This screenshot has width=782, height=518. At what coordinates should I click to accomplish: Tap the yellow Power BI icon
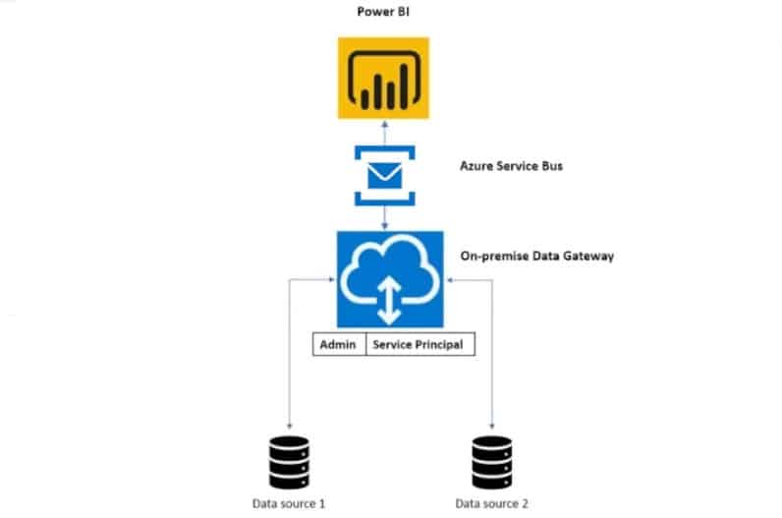point(384,79)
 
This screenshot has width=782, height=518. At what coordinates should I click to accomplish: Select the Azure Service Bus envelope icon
point(384,175)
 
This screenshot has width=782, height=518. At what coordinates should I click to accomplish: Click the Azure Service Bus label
point(511,166)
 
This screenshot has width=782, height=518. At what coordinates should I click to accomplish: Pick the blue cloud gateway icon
point(390,280)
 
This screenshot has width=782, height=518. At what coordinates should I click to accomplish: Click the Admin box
point(340,345)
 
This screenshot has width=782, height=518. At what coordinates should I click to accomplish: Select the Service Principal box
point(419,345)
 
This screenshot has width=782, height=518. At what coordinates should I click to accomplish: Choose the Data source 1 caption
point(290,503)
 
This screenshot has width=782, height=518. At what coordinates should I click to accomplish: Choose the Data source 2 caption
point(491,503)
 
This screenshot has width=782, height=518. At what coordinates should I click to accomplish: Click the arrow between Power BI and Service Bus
point(384,133)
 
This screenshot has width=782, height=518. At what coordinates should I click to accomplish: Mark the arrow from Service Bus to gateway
point(384,217)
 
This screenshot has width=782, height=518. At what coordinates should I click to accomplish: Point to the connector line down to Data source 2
point(491,354)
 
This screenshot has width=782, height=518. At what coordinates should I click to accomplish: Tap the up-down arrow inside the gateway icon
point(390,298)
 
